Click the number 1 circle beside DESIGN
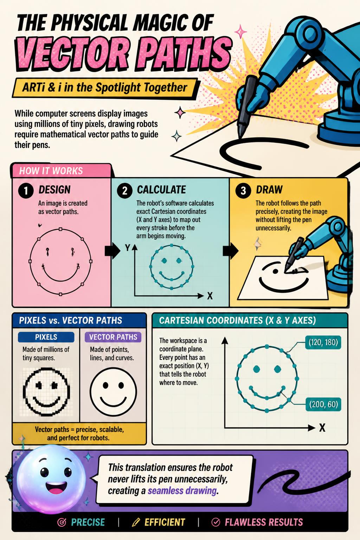(x=26, y=191)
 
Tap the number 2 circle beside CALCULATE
(x=125, y=191)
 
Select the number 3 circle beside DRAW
(x=243, y=191)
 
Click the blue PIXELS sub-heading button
(x=46, y=337)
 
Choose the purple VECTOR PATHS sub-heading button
(x=113, y=337)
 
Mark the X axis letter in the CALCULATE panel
(x=210, y=296)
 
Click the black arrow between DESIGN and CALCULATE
(x=112, y=251)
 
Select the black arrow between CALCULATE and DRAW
(x=231, y=251)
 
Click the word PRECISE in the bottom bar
(x=88, y=522)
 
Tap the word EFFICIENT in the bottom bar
(x=165, y=522)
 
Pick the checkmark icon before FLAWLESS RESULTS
(x=216, y=522)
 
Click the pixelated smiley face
(x=46, y=392)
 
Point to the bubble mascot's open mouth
(x=56, y=488)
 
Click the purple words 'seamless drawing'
(x=182, y=491)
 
